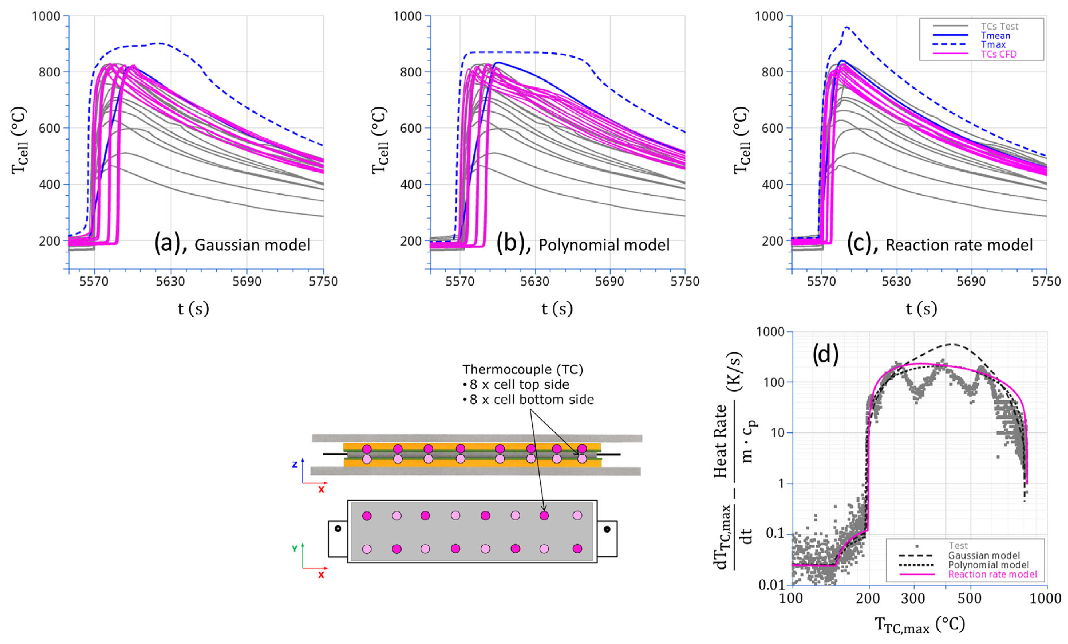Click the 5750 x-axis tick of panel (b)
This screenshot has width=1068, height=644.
click(684, 281)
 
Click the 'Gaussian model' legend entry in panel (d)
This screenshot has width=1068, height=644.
click(984, 555)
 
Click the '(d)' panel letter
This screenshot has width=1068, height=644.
click(825, 354)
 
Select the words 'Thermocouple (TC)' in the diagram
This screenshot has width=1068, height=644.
click(522, 370)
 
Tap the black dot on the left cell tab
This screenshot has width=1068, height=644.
click(338, 529)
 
